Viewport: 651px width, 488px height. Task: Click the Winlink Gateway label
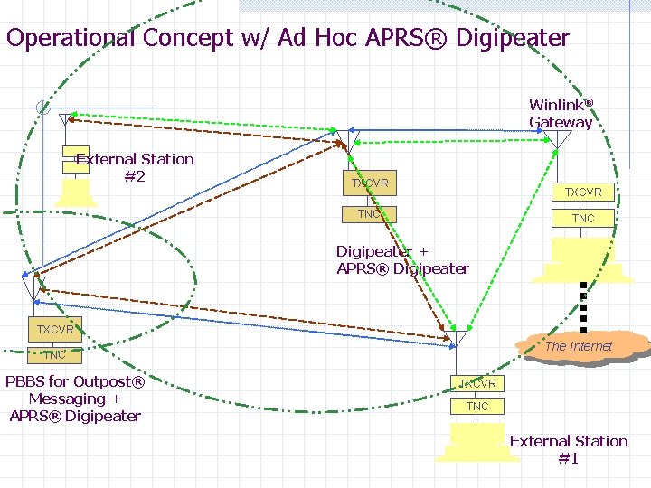[x=561, y=114]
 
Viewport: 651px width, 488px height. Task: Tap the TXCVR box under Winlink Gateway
[x=583, y=192]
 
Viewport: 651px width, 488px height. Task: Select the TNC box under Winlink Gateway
[x=583, y=218]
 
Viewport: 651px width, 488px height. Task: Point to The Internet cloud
[x=580, y=346]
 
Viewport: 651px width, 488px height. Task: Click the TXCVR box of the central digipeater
[x=371, y=183]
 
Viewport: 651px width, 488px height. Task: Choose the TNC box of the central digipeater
[x=370, y=214]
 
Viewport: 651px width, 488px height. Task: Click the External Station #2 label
[x=135, y=167]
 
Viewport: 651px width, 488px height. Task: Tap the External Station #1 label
[x=568, y=449]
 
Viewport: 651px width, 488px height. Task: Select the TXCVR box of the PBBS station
[x=55, y=329]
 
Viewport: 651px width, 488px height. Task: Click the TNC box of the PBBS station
[x=55, y=355]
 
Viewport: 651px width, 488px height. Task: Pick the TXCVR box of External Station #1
[x=477, y=383]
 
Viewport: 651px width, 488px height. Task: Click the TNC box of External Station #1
[x=477, y=407]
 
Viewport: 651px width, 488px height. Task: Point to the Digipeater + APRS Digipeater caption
[x=402, y=260]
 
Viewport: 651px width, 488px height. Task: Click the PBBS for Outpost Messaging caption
[x=75, y=399]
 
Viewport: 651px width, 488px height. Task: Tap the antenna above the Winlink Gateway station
[x=561, y=141]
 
